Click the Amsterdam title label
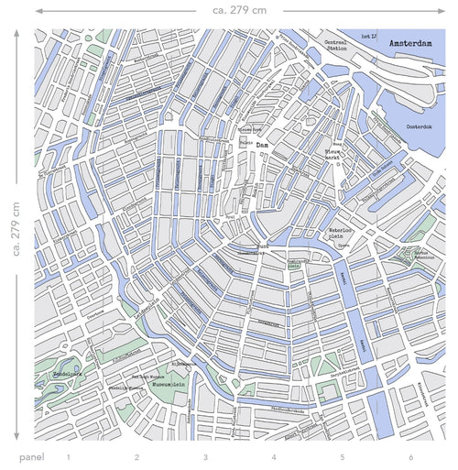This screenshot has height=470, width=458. click(409, 43)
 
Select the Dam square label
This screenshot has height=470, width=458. click(262, 145)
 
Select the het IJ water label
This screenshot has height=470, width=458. click(370, 36)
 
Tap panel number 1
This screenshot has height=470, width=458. click(68, 456)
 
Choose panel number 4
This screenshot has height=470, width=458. click(273, 456)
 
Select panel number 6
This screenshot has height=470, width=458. click(410, 456)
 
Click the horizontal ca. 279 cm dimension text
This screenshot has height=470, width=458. click(240, 10)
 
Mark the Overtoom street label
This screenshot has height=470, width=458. click(71, 311)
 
